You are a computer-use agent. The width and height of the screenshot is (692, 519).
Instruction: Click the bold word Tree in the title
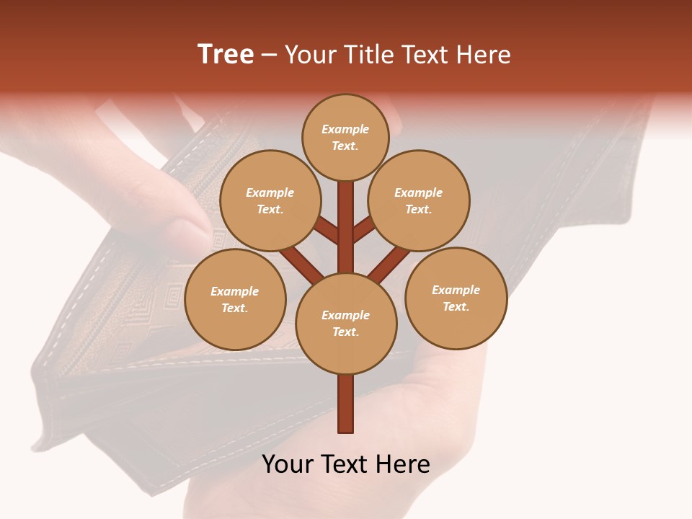(x=226, y=55)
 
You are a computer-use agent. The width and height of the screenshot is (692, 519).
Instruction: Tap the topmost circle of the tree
(x=345, y=137)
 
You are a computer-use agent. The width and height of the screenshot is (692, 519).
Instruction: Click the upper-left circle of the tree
(x=270, y=200)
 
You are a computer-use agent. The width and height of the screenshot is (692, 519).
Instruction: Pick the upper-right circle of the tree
(x=419, y=200)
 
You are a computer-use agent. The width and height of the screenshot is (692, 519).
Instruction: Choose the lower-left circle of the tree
(x=235, y=299)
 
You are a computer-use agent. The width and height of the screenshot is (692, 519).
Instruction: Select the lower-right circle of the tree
(x=456, y=298)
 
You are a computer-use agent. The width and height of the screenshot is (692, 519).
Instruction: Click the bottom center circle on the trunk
(x=346, y=323)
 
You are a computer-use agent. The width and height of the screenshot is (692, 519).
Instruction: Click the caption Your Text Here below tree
(x=346, y=464)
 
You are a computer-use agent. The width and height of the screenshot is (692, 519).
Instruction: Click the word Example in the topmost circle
(x=345, y=129)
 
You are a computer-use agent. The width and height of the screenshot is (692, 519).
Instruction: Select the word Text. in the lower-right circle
(x=456, y=306)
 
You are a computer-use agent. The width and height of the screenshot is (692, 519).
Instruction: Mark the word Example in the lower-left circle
(x=235, y=291)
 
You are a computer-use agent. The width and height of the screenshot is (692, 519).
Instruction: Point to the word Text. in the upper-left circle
(x=270, y=209)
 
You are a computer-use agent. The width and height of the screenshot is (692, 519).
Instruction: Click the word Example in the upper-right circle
(x=419, y=192)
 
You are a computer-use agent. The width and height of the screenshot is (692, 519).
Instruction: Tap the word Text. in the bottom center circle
(x=345, y=332)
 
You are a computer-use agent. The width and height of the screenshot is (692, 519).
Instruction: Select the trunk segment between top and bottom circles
(x=346, y=227)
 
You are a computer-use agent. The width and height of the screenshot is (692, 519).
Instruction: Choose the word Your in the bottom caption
(x=287, y=464)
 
